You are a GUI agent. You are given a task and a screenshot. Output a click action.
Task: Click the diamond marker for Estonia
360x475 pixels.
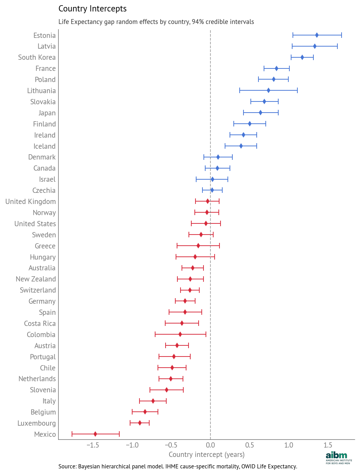pyautogui.click(x=317, y=35)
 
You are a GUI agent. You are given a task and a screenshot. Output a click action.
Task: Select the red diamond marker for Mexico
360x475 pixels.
pyautogui.click(x=95, y=434)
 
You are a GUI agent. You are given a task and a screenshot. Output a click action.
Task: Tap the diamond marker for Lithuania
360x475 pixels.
pyautogui.click(x=268, y=90)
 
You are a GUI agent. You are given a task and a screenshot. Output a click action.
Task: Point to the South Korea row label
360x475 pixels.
pyautogui.click(x=37, y=57)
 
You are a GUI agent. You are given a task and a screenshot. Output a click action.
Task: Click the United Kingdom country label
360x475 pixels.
pyautogui.click(x=31, y=202)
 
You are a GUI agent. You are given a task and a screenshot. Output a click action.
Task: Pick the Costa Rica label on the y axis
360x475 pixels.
pyautogui.click(x=40, y=324)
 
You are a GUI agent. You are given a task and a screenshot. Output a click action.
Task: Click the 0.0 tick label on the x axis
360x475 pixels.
pyautogui.click(x=210, y=445)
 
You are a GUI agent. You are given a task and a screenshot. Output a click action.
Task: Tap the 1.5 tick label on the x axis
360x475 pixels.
pyautogui.click(x=328, y=445)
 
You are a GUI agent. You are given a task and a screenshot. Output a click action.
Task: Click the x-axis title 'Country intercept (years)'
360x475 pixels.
pyautogui.click(x=207, y=454)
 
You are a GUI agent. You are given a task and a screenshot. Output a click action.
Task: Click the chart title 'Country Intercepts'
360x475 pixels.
pyautogui.click(x=93, y=9)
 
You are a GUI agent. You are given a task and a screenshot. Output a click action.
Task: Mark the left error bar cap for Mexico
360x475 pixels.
pyautogui.click(x=72, y=434)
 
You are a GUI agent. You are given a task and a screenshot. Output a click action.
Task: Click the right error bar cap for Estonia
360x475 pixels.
pyautogui.click(x=342, y=35)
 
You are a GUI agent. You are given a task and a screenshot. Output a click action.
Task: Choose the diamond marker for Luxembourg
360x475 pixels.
pyautogui.click(x=140, y=423)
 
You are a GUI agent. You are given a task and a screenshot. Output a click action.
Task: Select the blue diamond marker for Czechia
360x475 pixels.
pyautogui.click(x=212, y=190)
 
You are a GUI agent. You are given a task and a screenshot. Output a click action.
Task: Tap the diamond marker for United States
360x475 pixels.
pyautogui.click(x=206, y=223)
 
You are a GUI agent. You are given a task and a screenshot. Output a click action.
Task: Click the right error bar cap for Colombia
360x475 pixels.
pyautogui.click(x=206, y=334)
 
